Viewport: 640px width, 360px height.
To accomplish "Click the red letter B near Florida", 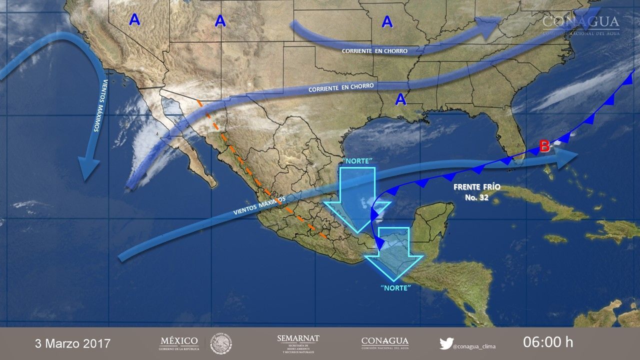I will (x=544, y=146).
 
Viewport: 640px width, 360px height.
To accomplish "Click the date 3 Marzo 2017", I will (x=72, y=343).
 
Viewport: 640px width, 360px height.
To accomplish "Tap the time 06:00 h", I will (x=548, y=342).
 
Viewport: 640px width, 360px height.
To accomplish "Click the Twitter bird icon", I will (x=446, y=343).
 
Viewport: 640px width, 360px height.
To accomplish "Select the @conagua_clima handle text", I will (x=474, y=345).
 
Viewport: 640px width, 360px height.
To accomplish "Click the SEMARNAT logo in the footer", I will (x=298, y=343).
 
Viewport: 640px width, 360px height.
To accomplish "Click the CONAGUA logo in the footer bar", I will (x=384, y=343).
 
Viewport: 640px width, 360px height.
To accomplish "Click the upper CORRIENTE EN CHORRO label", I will (x=374, y=51).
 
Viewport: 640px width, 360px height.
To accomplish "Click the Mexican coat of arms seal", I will (x=220, y=343).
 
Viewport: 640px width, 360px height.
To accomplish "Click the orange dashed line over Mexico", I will (x=260, y=190).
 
